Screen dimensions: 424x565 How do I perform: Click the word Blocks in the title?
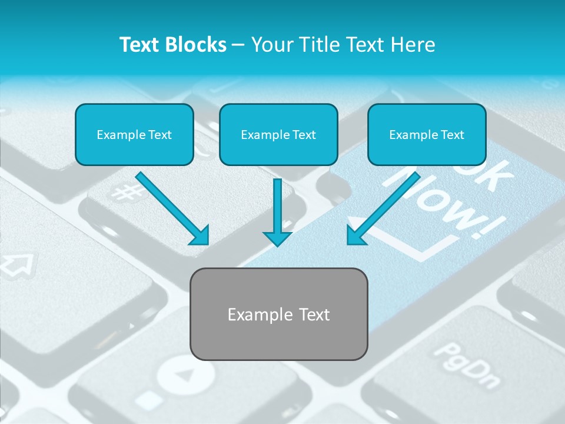pos(196,45)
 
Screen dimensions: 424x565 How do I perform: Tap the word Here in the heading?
pos(414,45)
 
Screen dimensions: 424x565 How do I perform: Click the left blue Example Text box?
pos(134,134)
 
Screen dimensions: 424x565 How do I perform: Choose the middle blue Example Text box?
pos(278,134)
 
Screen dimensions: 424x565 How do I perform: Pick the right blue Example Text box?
pos(427,134)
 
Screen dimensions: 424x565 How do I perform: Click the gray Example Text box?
pos(278,314)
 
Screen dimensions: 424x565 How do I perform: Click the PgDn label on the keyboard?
pos(466,365)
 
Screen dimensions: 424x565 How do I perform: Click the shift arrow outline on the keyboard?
pos(18,264)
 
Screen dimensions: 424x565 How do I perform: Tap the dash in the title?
pos(238,45)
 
